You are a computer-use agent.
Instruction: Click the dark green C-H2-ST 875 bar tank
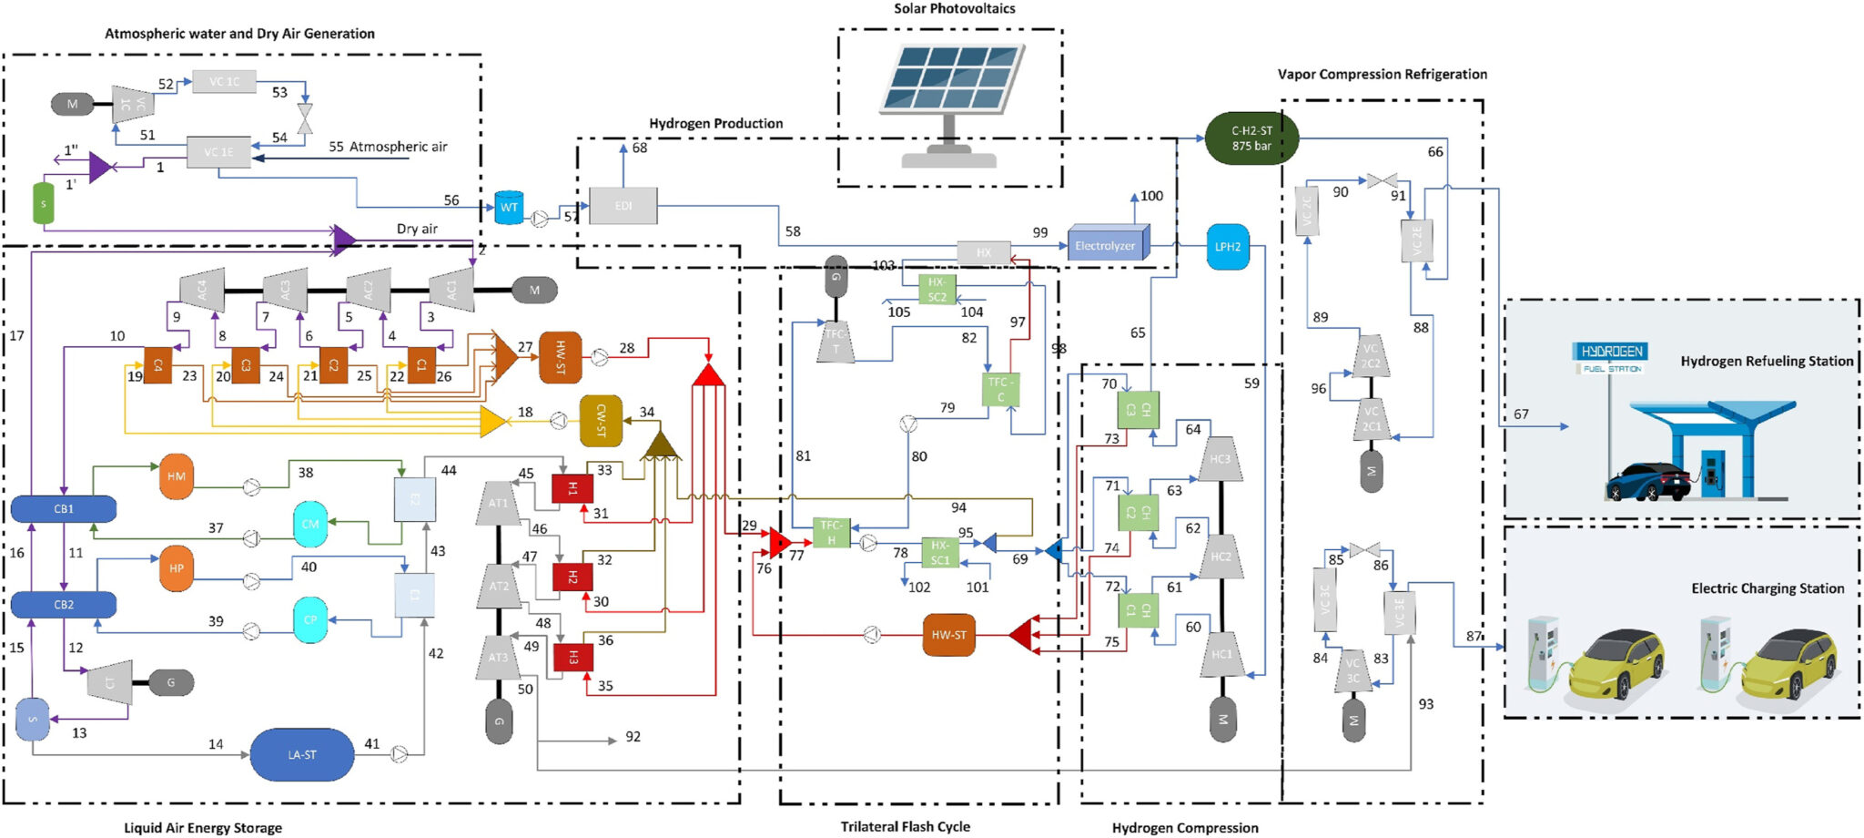tap(1251, 138)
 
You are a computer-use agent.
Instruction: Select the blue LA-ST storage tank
tap(301, 754)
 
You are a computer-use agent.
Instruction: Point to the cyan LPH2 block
tap(1228, 246)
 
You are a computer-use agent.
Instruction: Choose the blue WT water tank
tap(509, 208)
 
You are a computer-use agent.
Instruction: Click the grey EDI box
tap(623, 206)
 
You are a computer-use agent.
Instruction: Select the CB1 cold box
tap(64, 508)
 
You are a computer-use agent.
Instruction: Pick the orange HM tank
tap(177, 476)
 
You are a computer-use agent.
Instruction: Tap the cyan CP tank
tap(310, 620)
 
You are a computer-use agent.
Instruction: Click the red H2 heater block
tap(572, 577)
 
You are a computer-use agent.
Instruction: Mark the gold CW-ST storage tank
tap(601, 421)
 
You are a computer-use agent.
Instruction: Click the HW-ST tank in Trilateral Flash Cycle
tap(948, 635)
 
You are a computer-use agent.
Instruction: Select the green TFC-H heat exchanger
tap(831, 532)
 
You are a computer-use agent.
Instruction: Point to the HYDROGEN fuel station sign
tap(1611, 356)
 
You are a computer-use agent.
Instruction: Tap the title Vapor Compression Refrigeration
tap(1382, 75)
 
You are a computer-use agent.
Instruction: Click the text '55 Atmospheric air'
tap(388, 147)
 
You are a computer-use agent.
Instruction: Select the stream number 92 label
tap(633, 737)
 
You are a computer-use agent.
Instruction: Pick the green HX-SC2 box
tap(937, 290)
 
